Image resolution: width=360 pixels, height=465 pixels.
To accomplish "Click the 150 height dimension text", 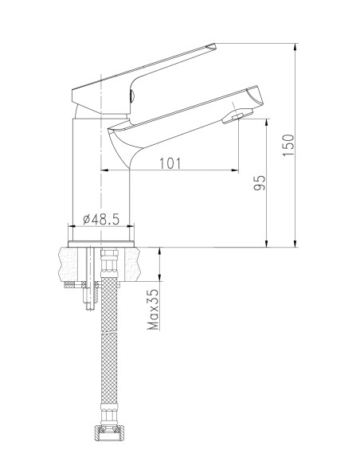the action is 288,145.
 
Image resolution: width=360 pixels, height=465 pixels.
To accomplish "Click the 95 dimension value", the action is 260,182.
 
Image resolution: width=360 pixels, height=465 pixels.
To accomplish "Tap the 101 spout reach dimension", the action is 170,163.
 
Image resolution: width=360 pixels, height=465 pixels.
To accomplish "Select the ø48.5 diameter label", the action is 101,220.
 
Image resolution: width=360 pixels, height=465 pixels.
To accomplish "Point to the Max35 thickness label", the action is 153,310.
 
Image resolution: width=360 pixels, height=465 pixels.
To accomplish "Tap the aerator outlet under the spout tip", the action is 238,116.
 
